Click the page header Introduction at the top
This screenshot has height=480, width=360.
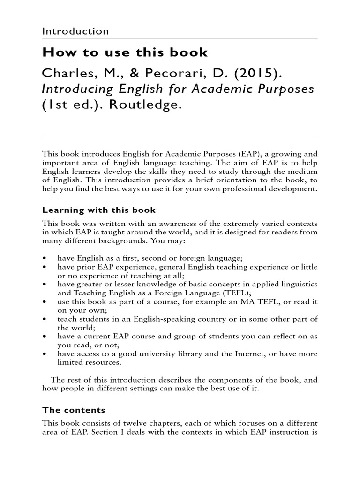[75, 31]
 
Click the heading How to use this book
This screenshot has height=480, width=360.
[125, 52]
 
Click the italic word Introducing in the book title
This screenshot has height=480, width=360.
[81, 90]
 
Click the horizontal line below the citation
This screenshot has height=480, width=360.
[180, 135]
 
